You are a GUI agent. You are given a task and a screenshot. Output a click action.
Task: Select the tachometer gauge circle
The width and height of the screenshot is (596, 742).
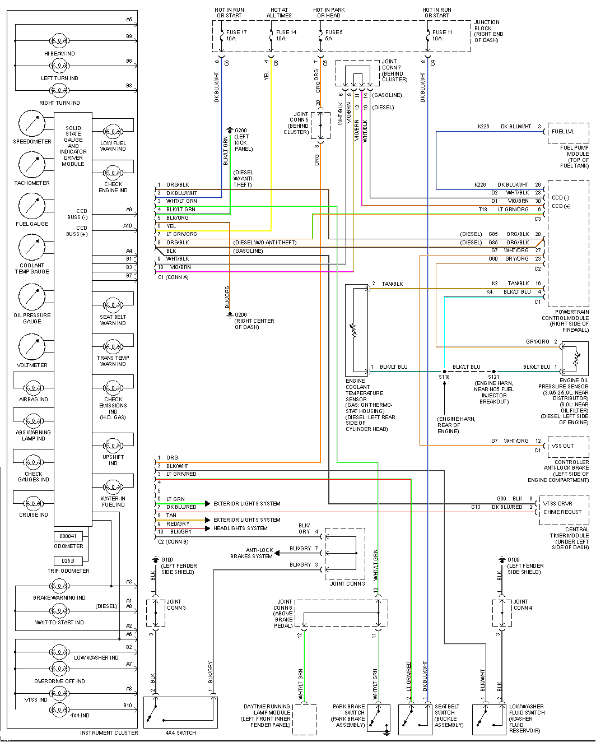click(32, 165)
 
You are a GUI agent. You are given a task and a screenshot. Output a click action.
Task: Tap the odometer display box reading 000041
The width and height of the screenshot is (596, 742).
click(68, 536)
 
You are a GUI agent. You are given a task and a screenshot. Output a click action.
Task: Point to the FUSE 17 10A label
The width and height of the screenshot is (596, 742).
click(236, 35)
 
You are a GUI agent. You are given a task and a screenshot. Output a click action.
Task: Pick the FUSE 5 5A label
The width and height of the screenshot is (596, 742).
click(333, 35)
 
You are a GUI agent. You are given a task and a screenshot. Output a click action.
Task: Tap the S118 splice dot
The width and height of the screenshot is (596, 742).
click(444, 371)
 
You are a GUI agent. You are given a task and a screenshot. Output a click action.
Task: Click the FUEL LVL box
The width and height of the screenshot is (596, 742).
click(567, 132)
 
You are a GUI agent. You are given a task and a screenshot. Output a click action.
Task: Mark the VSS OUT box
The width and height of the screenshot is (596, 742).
click(567, 446)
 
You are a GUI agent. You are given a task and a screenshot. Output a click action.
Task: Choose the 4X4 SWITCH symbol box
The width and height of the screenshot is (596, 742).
click(180, 712)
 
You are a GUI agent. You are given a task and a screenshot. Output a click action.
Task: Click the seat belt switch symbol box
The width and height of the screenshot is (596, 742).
click(415, 719)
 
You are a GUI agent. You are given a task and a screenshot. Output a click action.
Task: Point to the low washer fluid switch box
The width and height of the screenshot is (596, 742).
click(489, 719)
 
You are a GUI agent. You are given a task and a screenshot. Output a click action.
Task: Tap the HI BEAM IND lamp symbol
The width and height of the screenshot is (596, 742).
click(59, 41)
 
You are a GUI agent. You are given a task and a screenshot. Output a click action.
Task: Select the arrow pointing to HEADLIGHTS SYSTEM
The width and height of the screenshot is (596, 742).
click(207, 528)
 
